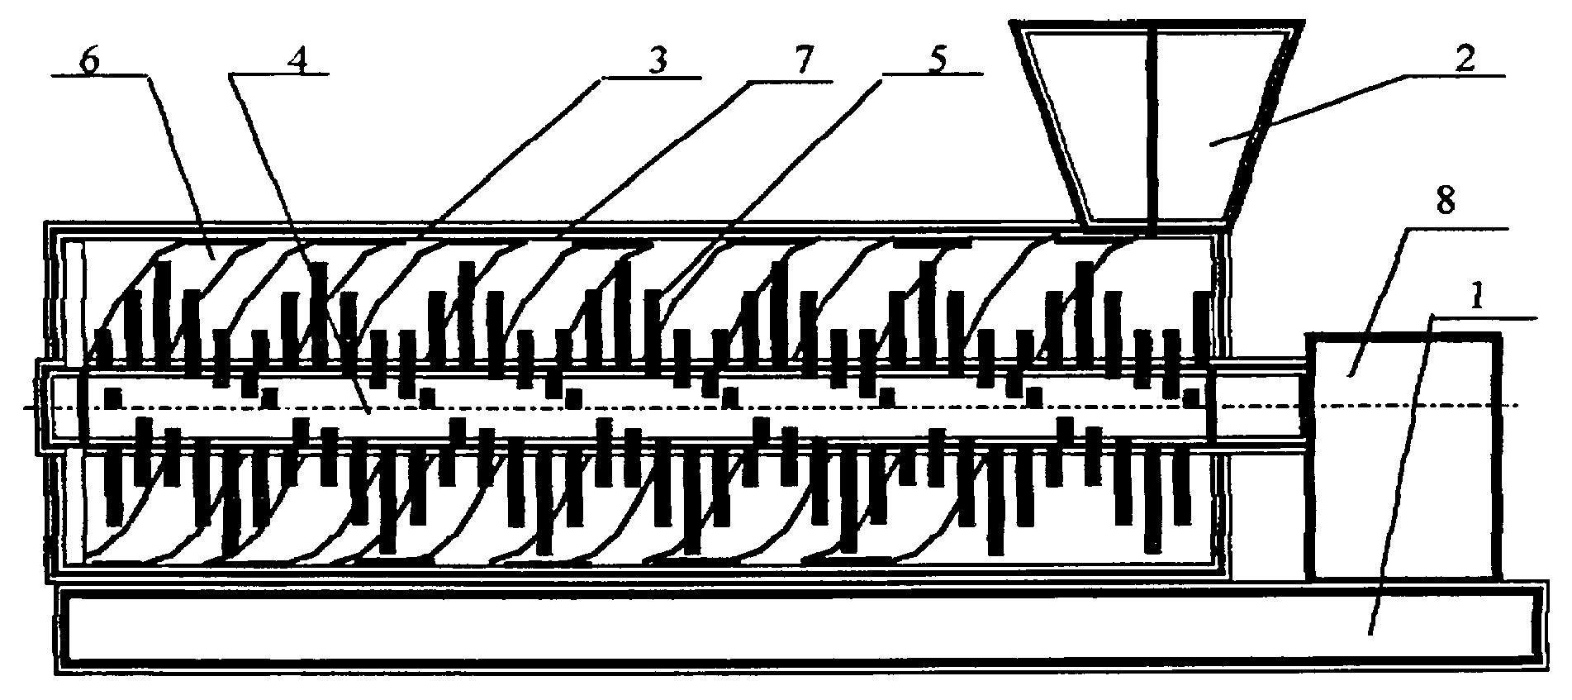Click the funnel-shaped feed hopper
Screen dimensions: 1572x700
1156,124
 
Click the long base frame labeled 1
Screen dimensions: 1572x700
798,627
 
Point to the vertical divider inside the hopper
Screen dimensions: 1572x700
1151,124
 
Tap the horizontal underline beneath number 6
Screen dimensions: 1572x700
99,75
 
